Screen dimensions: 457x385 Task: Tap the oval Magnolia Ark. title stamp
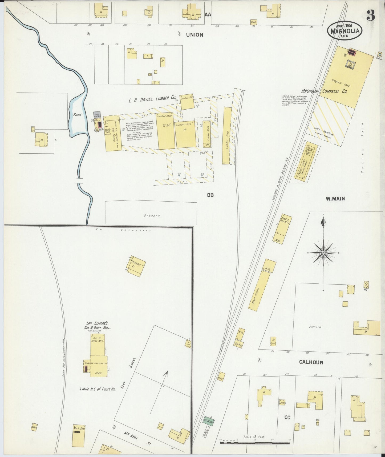click(x=345, y=30)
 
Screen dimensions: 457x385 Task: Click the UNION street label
click(x=194, y=35)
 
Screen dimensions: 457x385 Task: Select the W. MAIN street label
click(x=335, y=198)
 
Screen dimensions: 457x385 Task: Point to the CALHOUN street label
click(x=311, y=362)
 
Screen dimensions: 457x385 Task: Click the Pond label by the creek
click(x=77, y=115)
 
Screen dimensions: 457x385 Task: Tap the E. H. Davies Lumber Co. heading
click(x=152, y=100)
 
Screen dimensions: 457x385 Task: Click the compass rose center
click(x=323, y=252)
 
